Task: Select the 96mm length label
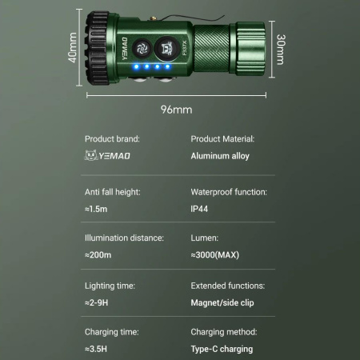(180, 107)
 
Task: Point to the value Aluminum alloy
(220, 156)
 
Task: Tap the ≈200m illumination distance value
(99, 255)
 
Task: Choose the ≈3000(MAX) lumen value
(215, 255)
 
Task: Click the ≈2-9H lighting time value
(98, 302)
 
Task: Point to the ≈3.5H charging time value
(96, 349)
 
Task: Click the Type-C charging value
(222, 349)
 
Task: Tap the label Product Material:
(222, 139)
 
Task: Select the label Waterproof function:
(229, 192)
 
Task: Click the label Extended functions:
(228, 286)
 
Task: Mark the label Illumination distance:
(124, 238)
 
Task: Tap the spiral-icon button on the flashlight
(142, 46)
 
